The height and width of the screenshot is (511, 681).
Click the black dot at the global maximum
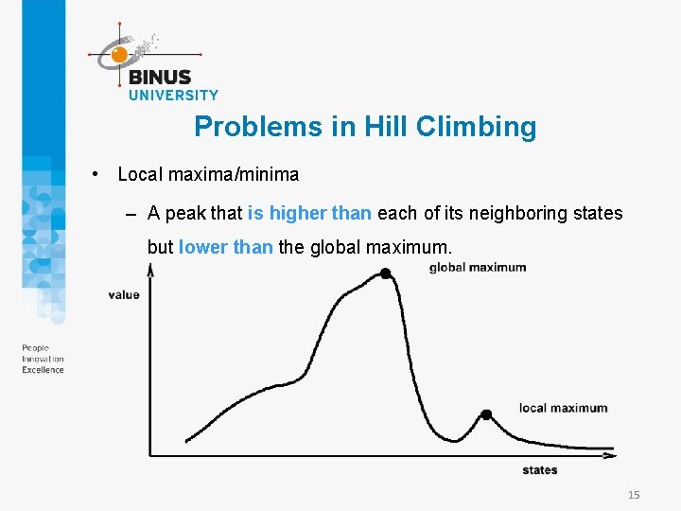point(385,273)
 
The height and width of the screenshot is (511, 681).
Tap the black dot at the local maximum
point(486,414)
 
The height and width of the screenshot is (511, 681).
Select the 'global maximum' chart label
point(478,267)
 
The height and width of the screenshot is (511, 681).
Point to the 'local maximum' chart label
point(563,408)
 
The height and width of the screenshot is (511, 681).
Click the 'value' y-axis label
point(124,294)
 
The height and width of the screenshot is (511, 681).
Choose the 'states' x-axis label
point(540,469)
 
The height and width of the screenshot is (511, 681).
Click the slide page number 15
point(634,495)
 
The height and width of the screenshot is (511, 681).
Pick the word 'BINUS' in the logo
point(160,78)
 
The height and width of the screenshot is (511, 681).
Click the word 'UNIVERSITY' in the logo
point(173,95)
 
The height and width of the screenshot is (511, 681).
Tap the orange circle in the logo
point(119,55)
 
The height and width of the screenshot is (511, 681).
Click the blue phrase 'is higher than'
point(309,213)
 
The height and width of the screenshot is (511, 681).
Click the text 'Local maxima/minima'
point(208,174)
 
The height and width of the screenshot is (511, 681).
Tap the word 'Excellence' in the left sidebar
point(44,370)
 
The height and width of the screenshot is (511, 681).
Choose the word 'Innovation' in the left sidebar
point(44,360)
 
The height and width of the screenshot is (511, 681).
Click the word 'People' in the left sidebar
point(36,349)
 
